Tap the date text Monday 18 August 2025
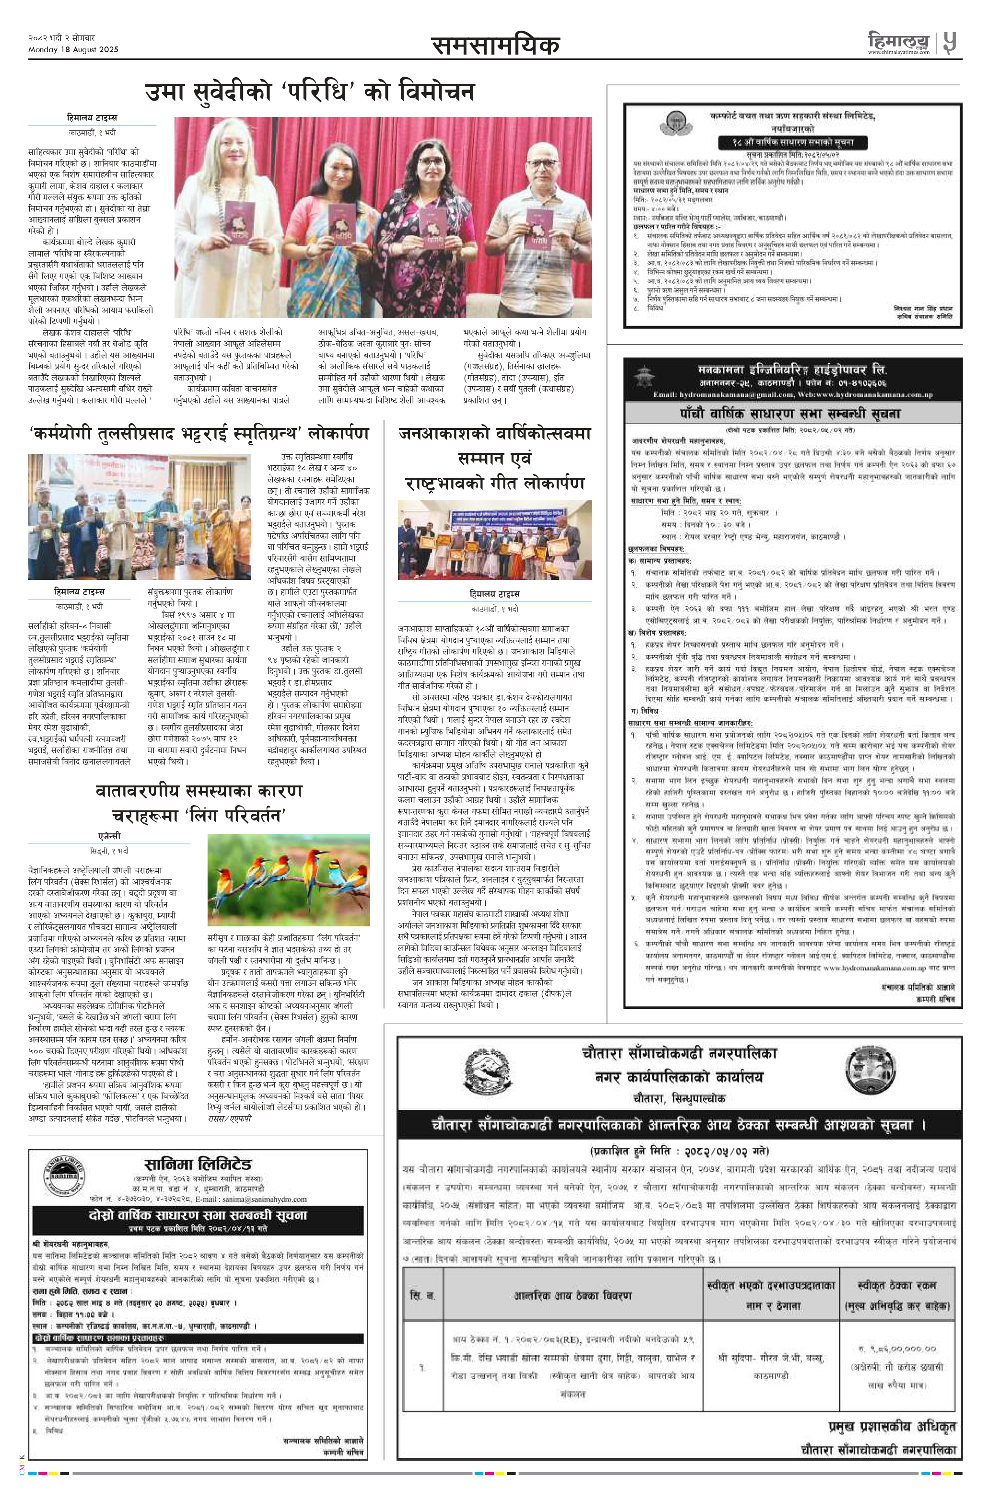(x=73, y=50)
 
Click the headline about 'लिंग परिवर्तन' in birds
(x=198, y=803)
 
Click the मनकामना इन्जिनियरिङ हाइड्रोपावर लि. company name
(x=792, y=369)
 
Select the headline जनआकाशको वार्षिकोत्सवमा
(x=495, y=433)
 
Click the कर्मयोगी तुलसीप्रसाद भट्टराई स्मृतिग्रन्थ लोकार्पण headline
(x=199, y=434)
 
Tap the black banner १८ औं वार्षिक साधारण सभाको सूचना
(x=792, y=142)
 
